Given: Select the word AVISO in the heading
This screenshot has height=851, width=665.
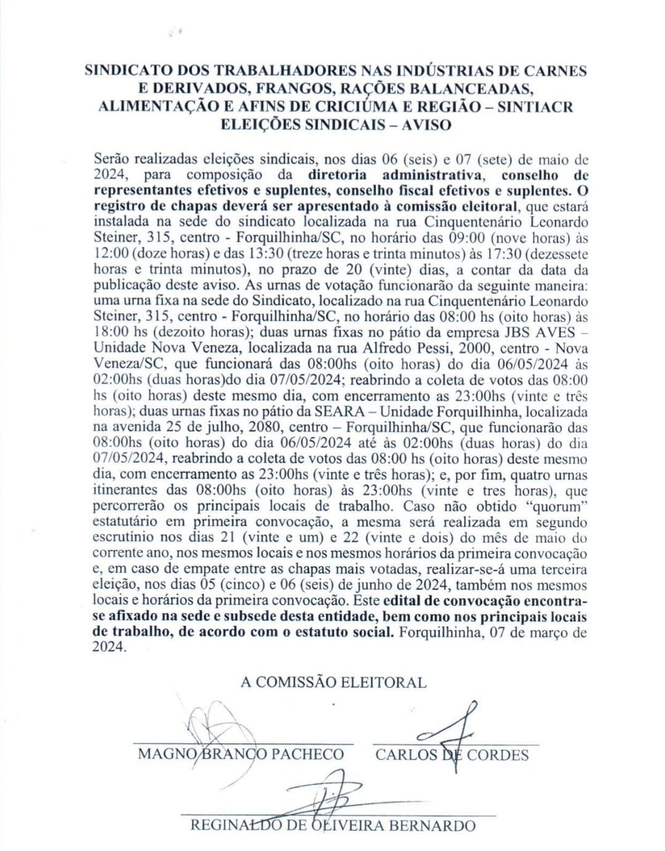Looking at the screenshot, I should pos(426,124).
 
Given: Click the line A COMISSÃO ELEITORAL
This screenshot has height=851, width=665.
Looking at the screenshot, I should pos(333,682).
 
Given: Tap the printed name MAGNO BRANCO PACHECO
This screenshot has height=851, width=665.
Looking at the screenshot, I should pos(241,754).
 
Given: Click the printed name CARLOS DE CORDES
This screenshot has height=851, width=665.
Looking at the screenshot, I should pos(452,755).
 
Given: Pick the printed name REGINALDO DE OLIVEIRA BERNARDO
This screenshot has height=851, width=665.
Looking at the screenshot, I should pos(332,826).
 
